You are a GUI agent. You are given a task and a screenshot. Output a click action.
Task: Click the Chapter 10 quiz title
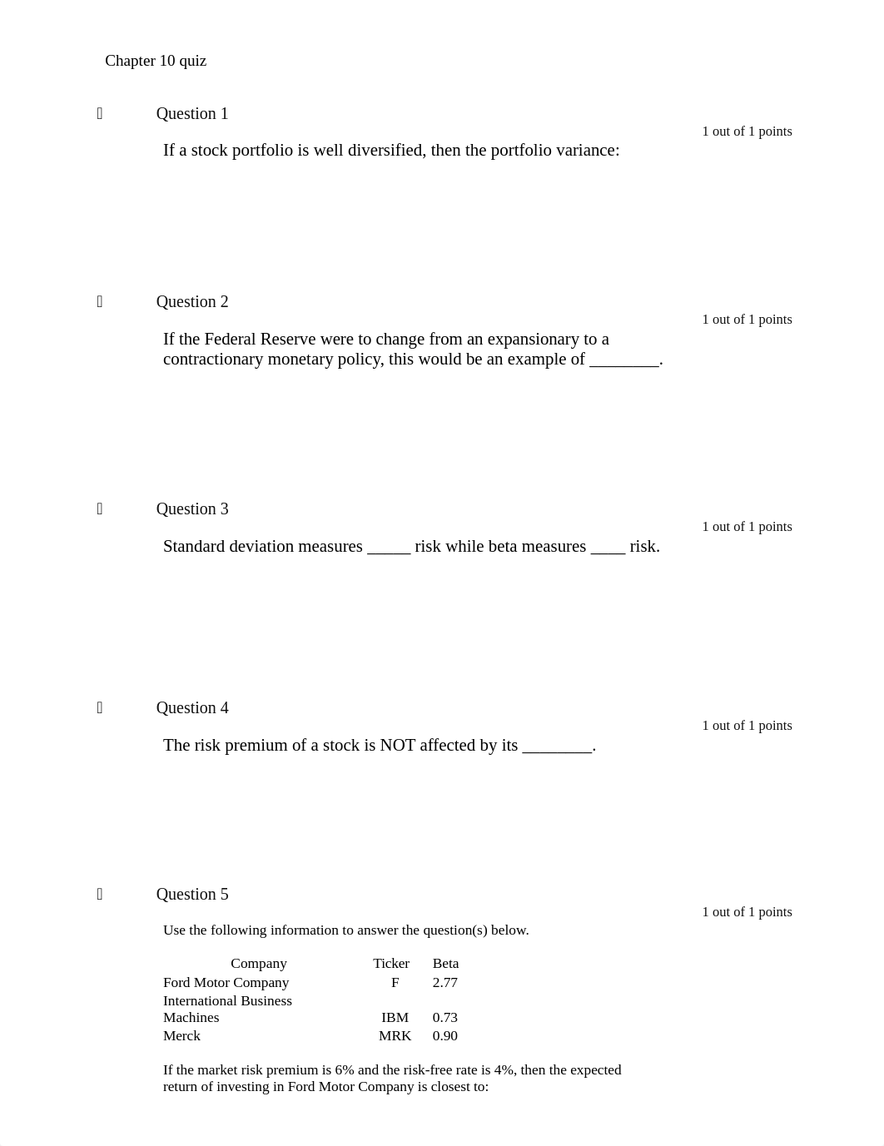pyautogui.click(x=156, y=61)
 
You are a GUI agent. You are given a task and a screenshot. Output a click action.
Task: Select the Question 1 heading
pyautogui.click(x=192, y=114)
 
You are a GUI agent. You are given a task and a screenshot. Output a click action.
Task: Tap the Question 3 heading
pyautogui.click(x=192, y=509)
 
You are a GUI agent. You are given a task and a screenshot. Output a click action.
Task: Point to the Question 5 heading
pyautogui.click(x=192, y=895)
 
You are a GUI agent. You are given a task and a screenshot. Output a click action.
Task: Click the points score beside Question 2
pyautogui.click(x=747, y=320)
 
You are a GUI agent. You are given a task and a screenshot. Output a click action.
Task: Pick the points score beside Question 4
pyautogui.click(x=747, y=726)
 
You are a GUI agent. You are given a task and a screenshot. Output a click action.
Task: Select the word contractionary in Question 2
pyautogui.click(x=213, y=360)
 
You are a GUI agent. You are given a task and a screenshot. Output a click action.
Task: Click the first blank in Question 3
pyautogui.click(x=389, y=548)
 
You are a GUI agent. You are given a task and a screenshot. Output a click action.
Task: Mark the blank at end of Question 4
pyautogui.click(x=557, y=747)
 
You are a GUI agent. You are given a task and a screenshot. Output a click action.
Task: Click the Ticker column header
pyautogui.click(x=391, y=964)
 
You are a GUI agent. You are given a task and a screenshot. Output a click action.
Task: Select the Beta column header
pyautogui.click(x=445, y=964)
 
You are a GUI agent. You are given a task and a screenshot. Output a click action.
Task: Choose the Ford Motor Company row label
pyautogui.click(x=226, y=983)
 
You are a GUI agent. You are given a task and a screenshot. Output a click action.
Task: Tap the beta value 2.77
pyautogui.click(x=445, y=983)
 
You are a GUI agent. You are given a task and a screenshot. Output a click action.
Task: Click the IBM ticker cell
pyautogui.click(x=395, y=1018)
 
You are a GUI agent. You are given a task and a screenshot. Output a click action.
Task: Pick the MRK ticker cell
pyautogui.click(x=395, y=1036)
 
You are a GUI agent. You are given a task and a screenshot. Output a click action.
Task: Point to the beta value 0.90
pyautogui.click(x=445, y=1036)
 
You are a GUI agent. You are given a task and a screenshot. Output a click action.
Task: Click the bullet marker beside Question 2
pyautogui.click(x=100, y=301)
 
